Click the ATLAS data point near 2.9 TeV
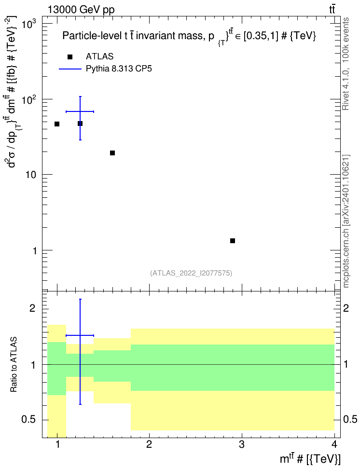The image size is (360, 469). tap(233, 241)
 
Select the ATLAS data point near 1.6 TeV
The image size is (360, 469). tap(112, 153)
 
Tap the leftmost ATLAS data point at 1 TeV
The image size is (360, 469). tap(57, 124)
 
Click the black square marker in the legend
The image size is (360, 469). tap(70, 57)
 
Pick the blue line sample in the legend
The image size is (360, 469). tap(70, 69)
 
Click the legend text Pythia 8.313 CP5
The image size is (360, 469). tap(119, 69)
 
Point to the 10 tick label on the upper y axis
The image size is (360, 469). tap(31, 175)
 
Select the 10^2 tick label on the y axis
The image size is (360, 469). tap(30, 99)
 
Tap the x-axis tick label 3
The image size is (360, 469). tap(241, 444)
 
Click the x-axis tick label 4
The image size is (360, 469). tap(334, 444)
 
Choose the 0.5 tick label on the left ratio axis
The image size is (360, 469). tap(28, 420)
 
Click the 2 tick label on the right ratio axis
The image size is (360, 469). tap(346, 308)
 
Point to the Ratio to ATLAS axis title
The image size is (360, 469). tap(14, 365)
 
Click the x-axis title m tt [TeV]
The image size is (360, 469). tap(310, 458)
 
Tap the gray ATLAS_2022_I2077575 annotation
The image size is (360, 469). tap(191, 273)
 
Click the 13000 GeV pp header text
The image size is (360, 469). tap(81, 10)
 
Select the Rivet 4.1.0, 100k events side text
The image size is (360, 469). tap(346, 64)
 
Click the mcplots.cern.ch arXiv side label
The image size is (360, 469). tap(346, 221)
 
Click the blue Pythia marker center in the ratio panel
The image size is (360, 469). tap(80, 335)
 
